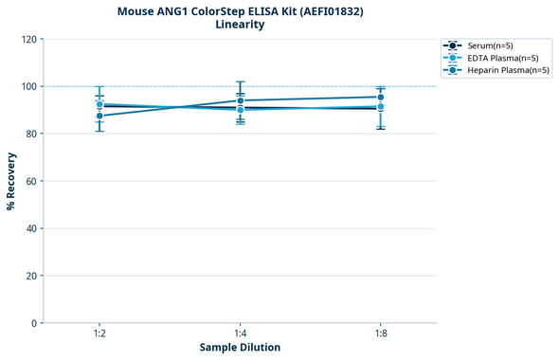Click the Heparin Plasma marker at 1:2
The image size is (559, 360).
[x=99, y=116]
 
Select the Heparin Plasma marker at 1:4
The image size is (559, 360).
[x=240, y=100]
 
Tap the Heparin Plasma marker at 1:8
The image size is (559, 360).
[x=380, y=97]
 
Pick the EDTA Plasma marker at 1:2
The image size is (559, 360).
[x=99, y=104]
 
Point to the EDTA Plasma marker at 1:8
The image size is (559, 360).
[x=380, y=107]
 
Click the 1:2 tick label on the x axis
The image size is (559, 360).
[x=99, y=333]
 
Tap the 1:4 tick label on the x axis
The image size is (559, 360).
[x=240, y=333]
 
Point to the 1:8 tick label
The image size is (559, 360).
[x=380, y=333]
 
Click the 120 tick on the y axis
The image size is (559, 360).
[x=28, y=39]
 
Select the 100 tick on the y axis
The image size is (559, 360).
[x=28, y=86]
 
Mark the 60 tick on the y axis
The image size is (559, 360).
[x=31, y=181]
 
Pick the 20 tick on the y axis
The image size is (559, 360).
[x=31, y=276]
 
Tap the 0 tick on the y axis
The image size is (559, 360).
[x=34, y=323]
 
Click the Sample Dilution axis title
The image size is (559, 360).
[x=240, y=348]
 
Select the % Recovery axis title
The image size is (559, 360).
[x=11, y=181]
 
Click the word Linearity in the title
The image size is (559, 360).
[x=240, y=25]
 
